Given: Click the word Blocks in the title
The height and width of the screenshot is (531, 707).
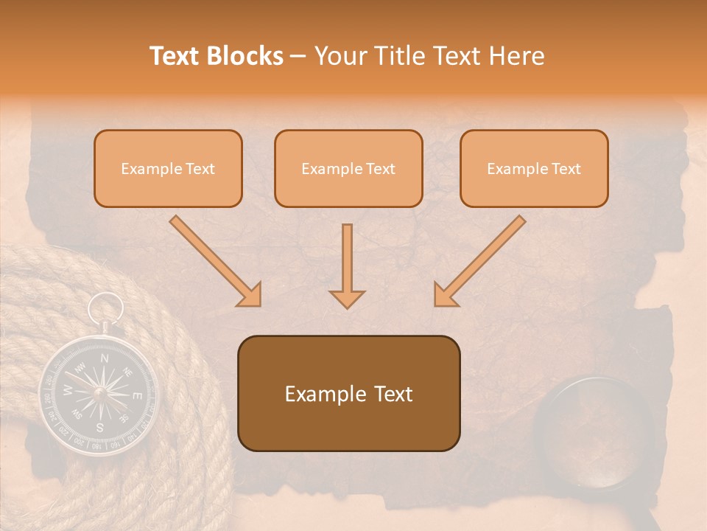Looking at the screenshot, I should (247, 56).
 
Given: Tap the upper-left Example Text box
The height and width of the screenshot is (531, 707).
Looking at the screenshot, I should (168, 168).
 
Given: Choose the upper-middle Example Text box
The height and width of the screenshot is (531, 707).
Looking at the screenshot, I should (348, 168).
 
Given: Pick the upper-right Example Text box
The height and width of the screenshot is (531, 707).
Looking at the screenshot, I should (534, 168).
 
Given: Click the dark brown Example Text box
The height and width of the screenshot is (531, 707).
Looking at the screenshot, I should (349, 393).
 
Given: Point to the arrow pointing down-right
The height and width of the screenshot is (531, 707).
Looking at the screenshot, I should (216, 262).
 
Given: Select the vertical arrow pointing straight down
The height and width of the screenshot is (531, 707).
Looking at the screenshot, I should (347, 265).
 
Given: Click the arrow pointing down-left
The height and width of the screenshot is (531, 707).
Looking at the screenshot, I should (479, 262).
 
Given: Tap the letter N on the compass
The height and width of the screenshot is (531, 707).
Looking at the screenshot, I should (105, 358).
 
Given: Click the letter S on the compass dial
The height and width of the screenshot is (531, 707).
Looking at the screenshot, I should (99, 426).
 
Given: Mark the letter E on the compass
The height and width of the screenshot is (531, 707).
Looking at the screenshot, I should (136, 396).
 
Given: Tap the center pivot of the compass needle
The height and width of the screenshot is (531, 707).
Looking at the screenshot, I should (99, 392).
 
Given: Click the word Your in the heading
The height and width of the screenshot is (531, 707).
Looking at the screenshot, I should (340, 56).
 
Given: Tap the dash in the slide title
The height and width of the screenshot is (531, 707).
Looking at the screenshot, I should (298, 56).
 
